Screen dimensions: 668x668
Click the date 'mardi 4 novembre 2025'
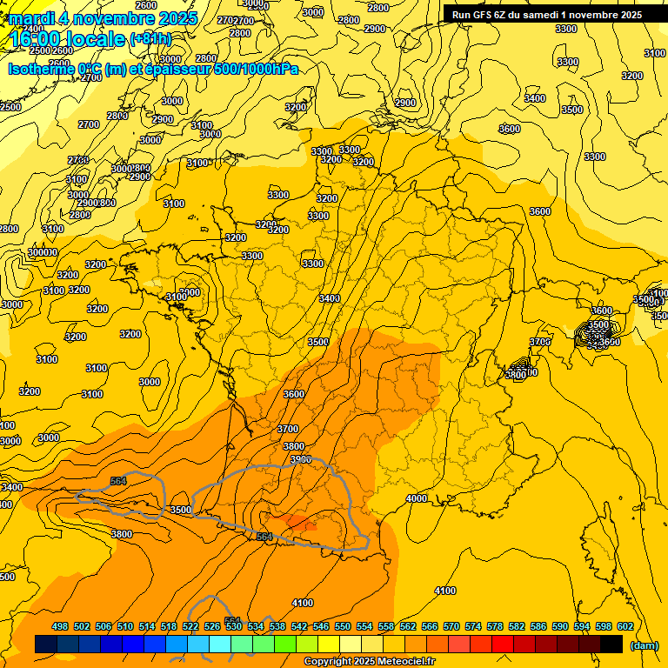point(103,18)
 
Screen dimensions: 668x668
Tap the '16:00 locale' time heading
point(67,39)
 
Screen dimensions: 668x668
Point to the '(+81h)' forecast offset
point(150,39)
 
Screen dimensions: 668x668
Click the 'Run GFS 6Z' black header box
point(547,14)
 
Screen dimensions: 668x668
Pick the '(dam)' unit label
point(644,645)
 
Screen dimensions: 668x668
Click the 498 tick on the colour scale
point(60,626)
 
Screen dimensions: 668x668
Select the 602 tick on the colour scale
point(625,626)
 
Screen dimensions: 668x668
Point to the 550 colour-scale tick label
point(343,626)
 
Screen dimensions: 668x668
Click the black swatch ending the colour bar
point(611,644)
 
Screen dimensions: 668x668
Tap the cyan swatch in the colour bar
point(220,644)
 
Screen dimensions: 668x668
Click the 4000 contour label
point(417,498)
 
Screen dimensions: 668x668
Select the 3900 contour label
point(300,459)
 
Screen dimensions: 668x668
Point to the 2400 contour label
point(33,52)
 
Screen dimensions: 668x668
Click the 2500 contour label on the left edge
point(10,107)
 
